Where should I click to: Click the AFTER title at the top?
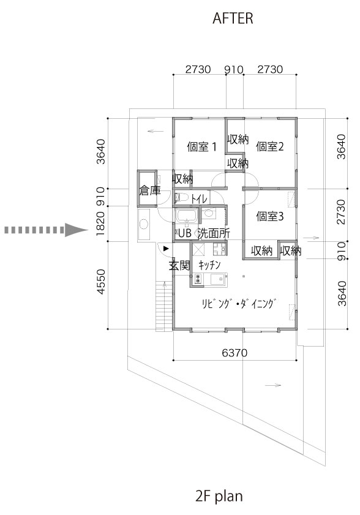[233, 19]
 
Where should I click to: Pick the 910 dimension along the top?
[234, 69]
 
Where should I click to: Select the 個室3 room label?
[270, 216]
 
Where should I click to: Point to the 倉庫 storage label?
[150, 190]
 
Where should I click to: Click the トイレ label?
[198, 198]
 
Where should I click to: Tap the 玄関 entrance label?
[180, 265]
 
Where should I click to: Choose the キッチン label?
[209, 265]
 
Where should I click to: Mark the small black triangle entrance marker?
[167, 248]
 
